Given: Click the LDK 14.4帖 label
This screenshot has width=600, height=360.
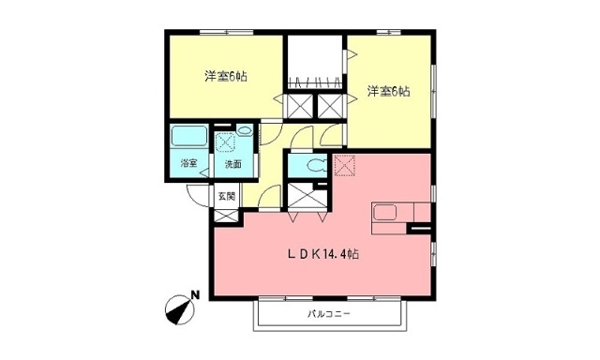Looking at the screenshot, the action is click(322, 254).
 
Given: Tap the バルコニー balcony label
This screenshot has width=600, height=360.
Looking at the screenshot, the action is click(329, 314).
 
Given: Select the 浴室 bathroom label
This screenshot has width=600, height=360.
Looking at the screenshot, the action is click(189, 164).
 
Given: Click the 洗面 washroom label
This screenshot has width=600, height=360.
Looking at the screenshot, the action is click(233, 164).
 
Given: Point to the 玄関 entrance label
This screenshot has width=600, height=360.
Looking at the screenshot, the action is click(227, 196).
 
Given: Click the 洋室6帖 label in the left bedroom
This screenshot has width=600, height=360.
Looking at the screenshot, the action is click(226, 77).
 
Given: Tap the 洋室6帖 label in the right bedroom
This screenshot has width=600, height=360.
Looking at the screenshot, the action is click(389, 92).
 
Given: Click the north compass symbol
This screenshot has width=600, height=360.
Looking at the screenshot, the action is click(179, 310).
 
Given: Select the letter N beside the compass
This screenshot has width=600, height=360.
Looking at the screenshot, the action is click(196, 295).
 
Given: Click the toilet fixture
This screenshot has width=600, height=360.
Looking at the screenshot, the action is click(316, 166).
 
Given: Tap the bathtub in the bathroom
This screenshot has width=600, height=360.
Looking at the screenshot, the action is click(189, 137).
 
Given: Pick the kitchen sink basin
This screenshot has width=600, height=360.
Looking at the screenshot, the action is click(384, 212).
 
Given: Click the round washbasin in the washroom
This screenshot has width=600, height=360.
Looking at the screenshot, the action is click(244, 130).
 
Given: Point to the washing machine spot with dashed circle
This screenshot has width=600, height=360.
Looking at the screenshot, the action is click(225, 142).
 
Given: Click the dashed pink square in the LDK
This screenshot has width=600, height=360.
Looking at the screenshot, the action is click(345, 165).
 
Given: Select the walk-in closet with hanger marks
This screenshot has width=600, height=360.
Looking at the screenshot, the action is click(315, 63).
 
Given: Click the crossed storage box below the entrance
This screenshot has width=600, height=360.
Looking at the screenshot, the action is click(226, 216).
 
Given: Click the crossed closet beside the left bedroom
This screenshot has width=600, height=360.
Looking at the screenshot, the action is click(300, 106).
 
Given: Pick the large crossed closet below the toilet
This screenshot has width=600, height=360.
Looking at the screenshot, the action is click(307, 196).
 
